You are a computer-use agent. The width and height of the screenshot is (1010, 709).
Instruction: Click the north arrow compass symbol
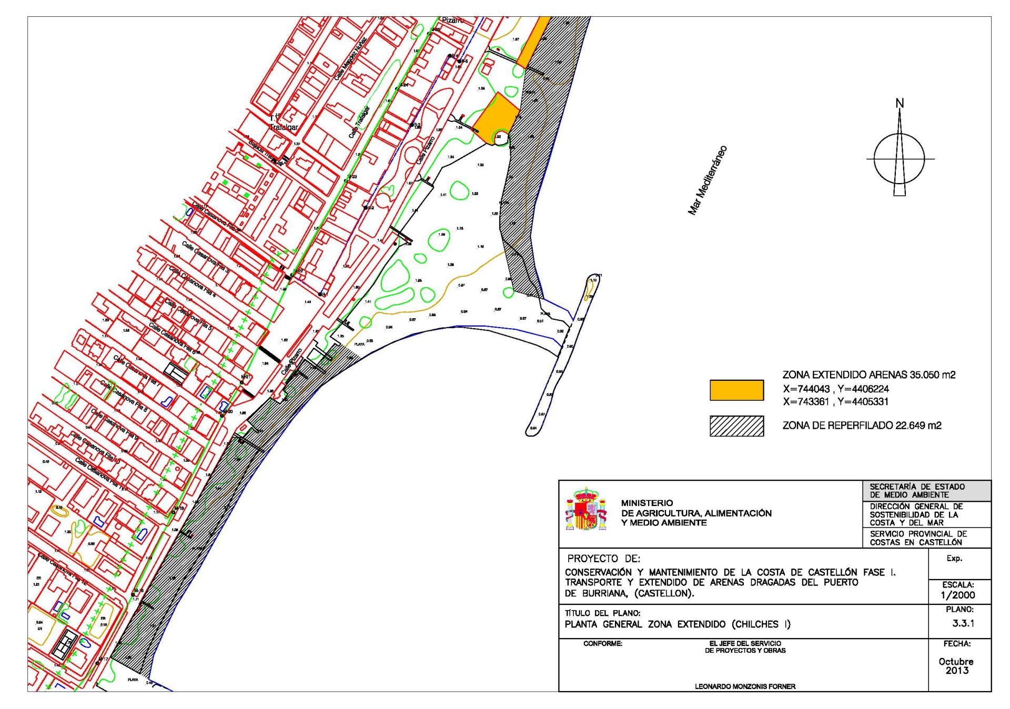pyautogui.click(x=899, y=158)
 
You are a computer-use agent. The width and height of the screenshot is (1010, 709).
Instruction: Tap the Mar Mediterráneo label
pyautogui.click(x=708, y=180)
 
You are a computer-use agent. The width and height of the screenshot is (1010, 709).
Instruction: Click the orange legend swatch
pyautogui.click(x=736, y=390)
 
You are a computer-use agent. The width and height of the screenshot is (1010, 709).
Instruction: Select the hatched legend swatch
pyautogui.click(x=736, y=426)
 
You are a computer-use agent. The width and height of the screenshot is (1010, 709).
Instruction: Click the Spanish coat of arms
pyautogui.click(x=585, y=509)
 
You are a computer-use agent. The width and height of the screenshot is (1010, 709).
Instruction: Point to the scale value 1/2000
pyautogui.click(x=958, y=595)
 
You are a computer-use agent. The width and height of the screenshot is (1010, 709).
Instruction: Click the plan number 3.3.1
pyautogui.click(x=963, y=623)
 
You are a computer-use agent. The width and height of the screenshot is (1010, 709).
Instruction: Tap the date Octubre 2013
pyautogui.click(x=956, y=666)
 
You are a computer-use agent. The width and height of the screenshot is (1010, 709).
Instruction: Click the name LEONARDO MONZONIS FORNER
pyautogui.click(x=745, y=686)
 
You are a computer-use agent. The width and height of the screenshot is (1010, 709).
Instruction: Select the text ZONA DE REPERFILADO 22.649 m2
pyautogui.click(x=862, y=426)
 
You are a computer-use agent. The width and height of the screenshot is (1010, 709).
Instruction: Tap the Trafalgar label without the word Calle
pyautogui.click(x=284, y=127)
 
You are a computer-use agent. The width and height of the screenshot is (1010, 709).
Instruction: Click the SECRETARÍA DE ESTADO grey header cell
pyautogui.click(x=927, y=491)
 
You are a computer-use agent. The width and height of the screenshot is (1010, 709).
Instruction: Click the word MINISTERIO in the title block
pyautogui.click(x=647, y=503)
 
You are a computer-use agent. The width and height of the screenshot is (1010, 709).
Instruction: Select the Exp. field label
pyautogui.click(x=954, y=559)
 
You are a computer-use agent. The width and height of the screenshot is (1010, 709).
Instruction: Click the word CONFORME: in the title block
pyautogui.click(x=603, y=644)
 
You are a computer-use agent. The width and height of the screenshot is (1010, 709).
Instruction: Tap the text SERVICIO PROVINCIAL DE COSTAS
pyautogui.click(x=918, y=538)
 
